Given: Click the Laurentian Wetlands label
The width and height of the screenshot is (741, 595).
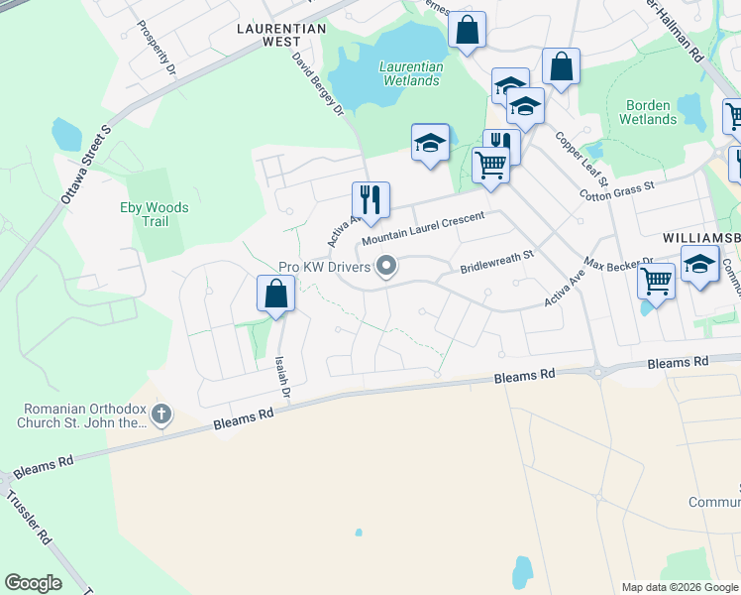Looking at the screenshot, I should click(410, 73).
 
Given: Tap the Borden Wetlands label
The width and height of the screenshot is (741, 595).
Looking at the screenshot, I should click(648, 112).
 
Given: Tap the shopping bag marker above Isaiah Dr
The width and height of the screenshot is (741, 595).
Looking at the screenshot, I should click(275, 294).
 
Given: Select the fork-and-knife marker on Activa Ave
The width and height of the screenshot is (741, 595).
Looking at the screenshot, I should click(370, 200).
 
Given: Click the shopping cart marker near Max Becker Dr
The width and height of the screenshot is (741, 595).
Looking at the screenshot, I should click(656, 282).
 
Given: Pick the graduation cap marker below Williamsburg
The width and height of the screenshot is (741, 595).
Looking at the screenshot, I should click(699, 266).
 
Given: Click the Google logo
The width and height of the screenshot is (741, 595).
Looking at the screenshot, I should click(33, 583).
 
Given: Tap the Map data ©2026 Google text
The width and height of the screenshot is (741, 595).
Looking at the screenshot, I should click(679, 587).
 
